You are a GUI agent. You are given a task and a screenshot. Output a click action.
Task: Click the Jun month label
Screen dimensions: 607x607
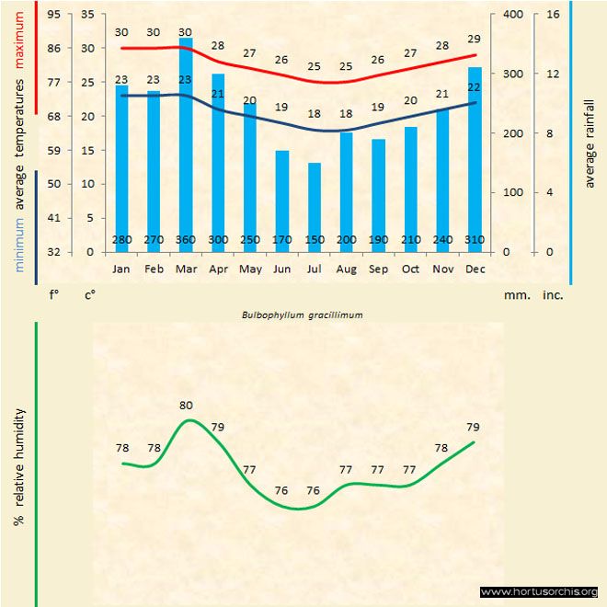coord(282,269)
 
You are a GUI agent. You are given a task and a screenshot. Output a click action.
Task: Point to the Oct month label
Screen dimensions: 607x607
coord(410,269)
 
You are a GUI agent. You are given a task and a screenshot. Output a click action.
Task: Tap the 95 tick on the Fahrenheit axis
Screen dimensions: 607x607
coord(54,15)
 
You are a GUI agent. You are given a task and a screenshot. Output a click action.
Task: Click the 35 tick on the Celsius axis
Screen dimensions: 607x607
coord(87,15)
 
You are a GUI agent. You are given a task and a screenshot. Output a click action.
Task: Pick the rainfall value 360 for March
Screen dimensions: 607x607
coord(186,241)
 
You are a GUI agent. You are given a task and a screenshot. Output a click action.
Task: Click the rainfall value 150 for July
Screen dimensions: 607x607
coord(315,241)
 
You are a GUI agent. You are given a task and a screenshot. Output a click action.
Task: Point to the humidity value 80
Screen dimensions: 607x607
coord(187,405)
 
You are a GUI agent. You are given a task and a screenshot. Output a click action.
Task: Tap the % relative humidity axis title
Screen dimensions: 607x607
coord(18,469)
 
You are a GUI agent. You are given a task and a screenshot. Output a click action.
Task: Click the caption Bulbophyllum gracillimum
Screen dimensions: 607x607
coord(302,314)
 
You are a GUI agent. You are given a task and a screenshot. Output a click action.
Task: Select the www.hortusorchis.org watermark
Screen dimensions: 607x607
coord(539,591)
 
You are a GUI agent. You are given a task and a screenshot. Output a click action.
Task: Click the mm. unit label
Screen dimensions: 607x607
coord(515,296)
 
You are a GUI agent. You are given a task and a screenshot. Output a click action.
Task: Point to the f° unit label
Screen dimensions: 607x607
coord(54,296)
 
